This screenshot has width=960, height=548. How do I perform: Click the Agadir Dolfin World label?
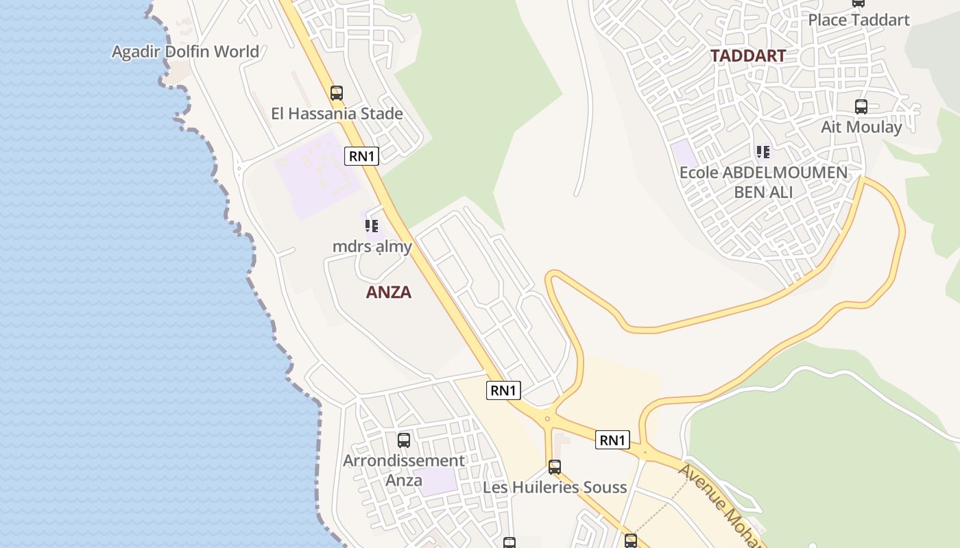pyautogui.click(x=185, y=51)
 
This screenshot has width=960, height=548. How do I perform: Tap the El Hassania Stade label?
pyautogui.click(x=337, y=114)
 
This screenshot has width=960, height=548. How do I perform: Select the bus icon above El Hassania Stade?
pyautogui.click(x=336, y=93)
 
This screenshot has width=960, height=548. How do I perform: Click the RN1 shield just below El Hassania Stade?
pyautogui.click(x=361, y=156)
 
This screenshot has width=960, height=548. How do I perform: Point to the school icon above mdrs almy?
pyautogui.click(x=372, y=225)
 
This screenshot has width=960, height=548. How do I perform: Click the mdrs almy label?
pyautogui.click(x=372, y=247)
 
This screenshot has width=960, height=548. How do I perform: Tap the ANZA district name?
pyautogui.click(x=389, y=292)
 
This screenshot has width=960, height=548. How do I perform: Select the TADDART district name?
pyautogui.click(x=747, y=56)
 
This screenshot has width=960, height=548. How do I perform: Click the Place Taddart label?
pyautogui.click(x=859, y=20)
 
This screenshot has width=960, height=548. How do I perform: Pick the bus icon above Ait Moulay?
pyautogui.click(x=861, y=107)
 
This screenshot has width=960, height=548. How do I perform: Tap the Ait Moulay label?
pyautogui.click(x=861, y=127)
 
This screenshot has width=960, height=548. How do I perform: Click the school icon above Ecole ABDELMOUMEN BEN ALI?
pyautogui.click(x=763, y=151)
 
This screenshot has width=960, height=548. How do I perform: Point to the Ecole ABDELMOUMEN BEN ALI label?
pyautogui.click(x=763, y=182)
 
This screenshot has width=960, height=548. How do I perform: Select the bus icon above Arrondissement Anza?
pyautogui.click(x=404, y=440)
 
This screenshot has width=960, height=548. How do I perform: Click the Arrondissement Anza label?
pyautogui.click(x=404, y=470)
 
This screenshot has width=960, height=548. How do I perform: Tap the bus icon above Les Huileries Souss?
pyautogui.click(x=555, y=467)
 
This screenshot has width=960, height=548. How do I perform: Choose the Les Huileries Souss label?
pyautogui.click(x=555, y=488)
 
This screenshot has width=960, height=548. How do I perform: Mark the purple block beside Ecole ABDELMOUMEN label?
pyautogui.click(x=683, y=152)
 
